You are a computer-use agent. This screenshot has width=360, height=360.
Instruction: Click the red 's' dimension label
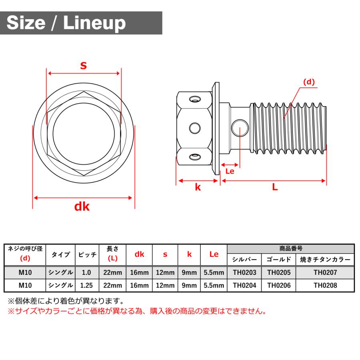pyautogui.click(x=83, y=65)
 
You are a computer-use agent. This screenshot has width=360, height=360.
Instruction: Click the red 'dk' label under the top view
pyautogui.click(x=82, y=206)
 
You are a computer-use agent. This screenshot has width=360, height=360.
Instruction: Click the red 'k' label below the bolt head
pyautogui.click(x=198, y=187)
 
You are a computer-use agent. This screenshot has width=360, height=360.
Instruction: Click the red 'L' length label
pyautogui.click(x=275, y=187)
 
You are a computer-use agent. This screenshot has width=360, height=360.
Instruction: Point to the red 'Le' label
pyautogui.click(x=230, y=171)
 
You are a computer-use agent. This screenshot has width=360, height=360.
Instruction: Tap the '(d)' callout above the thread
pyautogui.click(x=308, y=82)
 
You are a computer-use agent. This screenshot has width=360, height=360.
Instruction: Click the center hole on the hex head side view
pyautogui.click(x=195, y=128)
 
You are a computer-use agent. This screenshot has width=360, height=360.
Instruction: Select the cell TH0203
pyautogui.click(x=244, y=272)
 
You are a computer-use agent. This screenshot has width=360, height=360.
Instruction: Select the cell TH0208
pyautogui.click(x=325, y=286)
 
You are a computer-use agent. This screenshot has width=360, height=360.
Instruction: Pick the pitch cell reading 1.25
pyautogui.click(x=86, y=286)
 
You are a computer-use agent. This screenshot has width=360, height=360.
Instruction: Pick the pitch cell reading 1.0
pyautogui.click(x=86, y=272)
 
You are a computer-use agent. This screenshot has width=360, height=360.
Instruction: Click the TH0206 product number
pyautogui.click(x=279, y=286)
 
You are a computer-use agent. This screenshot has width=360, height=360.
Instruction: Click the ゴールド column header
pyautogui.click(x=279, y=259)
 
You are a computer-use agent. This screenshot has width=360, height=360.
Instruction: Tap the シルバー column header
pyautogui.click(x=244, y=259)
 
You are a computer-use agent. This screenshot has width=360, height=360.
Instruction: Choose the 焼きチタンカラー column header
pyautogui.click(x=325, y=259)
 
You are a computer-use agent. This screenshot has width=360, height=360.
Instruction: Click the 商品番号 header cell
pyautogui.click(x=290, y=248)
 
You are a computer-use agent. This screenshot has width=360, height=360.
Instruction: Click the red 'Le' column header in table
pyautogui.click(x=214, y=254)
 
